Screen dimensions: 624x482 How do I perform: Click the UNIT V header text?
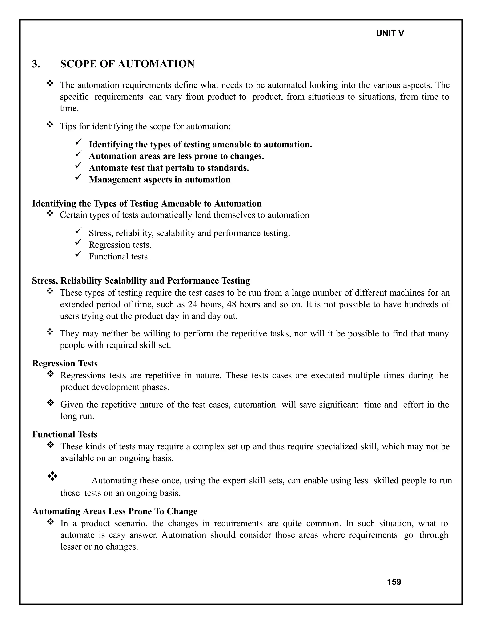[x=390, y=33]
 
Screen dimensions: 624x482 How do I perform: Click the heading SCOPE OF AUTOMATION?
[x=127, y=64]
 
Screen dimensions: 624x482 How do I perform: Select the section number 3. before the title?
[x=36, y=64]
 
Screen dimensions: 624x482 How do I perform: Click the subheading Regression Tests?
[x=65, y=363]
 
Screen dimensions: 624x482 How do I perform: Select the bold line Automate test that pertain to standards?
[x=169, y=168]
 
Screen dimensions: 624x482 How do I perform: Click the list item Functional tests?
[x=119, y=257]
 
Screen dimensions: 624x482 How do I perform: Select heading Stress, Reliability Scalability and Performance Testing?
[x=141, y=281]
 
